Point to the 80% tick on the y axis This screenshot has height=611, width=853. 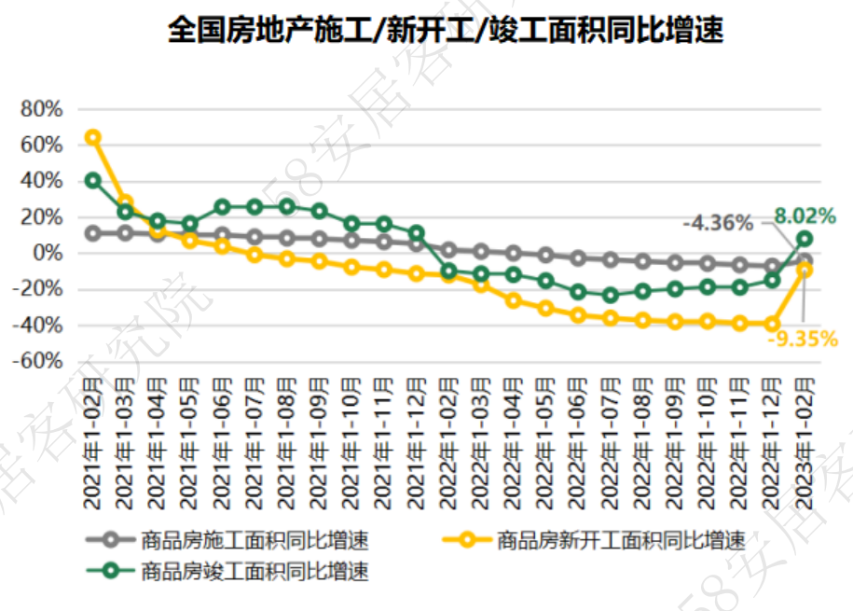pyautogui.click(x=41, y=109)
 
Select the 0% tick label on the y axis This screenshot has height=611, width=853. pyautogui.click(x=47, y=253)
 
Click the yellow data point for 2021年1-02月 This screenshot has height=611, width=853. pyautogui.click(x=93, y=137)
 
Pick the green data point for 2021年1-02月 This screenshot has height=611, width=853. pyautogui.click(x=93, y=180)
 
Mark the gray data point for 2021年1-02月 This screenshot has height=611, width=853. pyautogui.click(x=93, y=233)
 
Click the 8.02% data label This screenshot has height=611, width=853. pyautogui.click(x=805, y=215)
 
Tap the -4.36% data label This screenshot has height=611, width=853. pyautogui.click(x=717, y=223)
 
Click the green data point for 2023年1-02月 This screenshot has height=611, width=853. pyautogui.click(x=804, y=239)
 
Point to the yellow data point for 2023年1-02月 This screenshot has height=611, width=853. pyautogui.click(x=804, y=270)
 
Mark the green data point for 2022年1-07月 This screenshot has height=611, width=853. pyautogui.click(x=611, y=296)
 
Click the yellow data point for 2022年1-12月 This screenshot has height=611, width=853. pyautogui.click(x=772, y=324)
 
